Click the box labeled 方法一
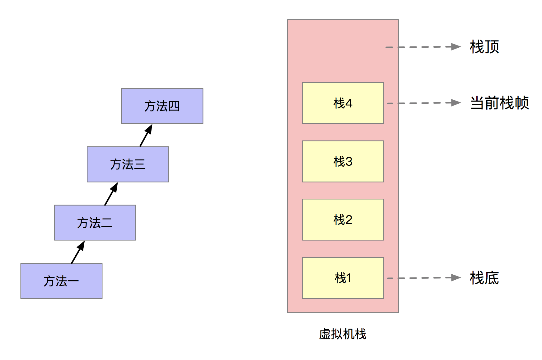pyautogui.click(x=61, y=281)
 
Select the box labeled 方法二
pyautogui.click(x=95, y=223)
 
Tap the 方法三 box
pyautogui.click(x=128, y=164)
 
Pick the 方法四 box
pyautogui.click(x=162, y=106)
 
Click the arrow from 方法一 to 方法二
pyautogui.click(x=78, y=252)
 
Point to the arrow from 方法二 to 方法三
pyautogui.click(x=111, y=194)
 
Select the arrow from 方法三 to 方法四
pyautogui.click(x=146, y=135)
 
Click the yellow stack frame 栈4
pyautogui.click(x=343, y=103)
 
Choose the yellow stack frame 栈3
pyautogui.click(x=343, y=161)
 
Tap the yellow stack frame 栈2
pyautogui.click(x=343, y=220)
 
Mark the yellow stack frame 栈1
pyautogui.click(x=343, y=278)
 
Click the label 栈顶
pyautogui.click(x=484, y=47)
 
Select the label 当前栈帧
pyautogui.click(x=499, y=103)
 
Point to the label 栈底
pyautogui.click(x=484, y=278)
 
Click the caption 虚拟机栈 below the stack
pyautogui.click(x=343, y=334)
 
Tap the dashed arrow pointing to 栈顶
pyautogui.click(x=423, y=47)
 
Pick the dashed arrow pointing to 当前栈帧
pyautogui.click(x=424, y=103)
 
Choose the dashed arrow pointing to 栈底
pyautogui.click(x=424, y=278)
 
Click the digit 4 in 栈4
pyautogui.click(x=349, y=103)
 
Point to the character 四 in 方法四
pyautogui.click(x=174, y=107)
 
